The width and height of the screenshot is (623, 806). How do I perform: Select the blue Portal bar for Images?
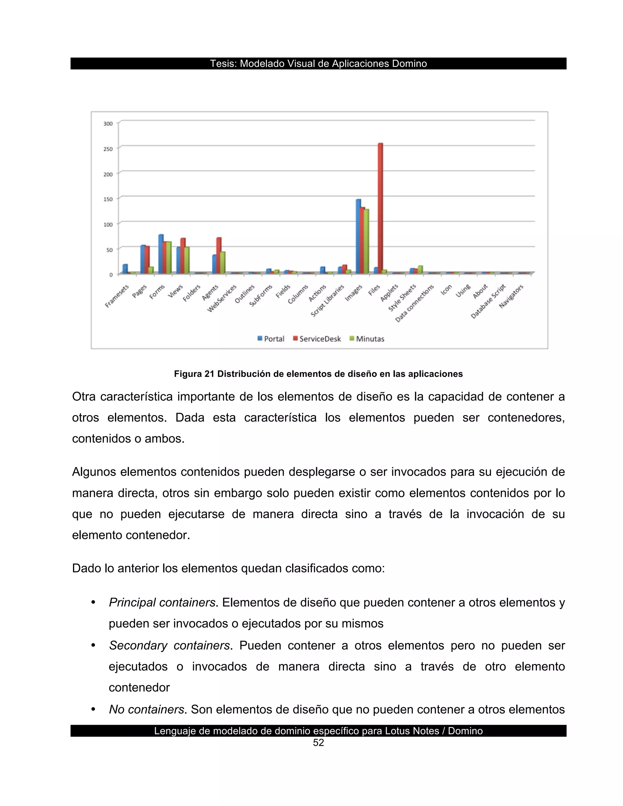[x=358, y=236]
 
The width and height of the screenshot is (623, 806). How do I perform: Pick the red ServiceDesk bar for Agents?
[x=219, y=255]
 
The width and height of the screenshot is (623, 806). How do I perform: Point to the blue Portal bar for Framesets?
[x=125, y=269]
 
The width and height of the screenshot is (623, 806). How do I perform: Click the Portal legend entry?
[x=271, y=339]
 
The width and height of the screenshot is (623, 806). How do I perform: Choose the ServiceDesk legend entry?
[x=317, y=339]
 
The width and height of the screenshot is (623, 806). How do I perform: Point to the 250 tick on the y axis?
[x=108, y=149]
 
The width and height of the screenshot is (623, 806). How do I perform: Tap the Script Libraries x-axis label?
[x=328, y=301]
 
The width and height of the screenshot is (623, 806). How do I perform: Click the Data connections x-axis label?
[x=415, y=303]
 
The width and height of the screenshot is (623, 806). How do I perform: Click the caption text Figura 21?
[x=194, y=374]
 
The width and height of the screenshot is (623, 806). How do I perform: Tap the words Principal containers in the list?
[x=162, y=603]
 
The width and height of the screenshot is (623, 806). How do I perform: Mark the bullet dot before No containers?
[x=93, y=709]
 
